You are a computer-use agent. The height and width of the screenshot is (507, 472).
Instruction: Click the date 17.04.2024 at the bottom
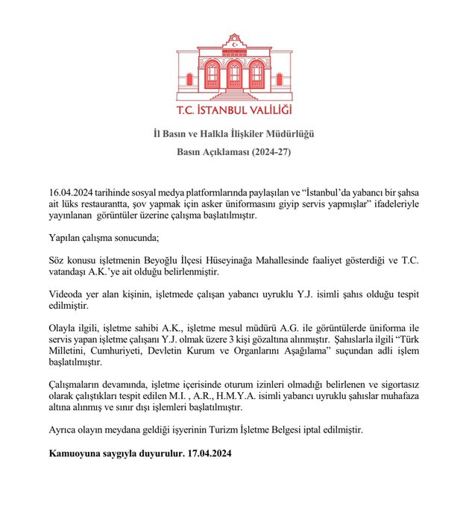tap(210, 453)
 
